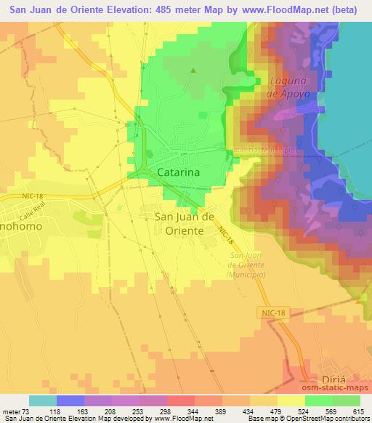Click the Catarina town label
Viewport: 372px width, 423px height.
(181, 173)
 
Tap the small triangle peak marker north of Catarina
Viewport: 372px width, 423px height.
(193, 70)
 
